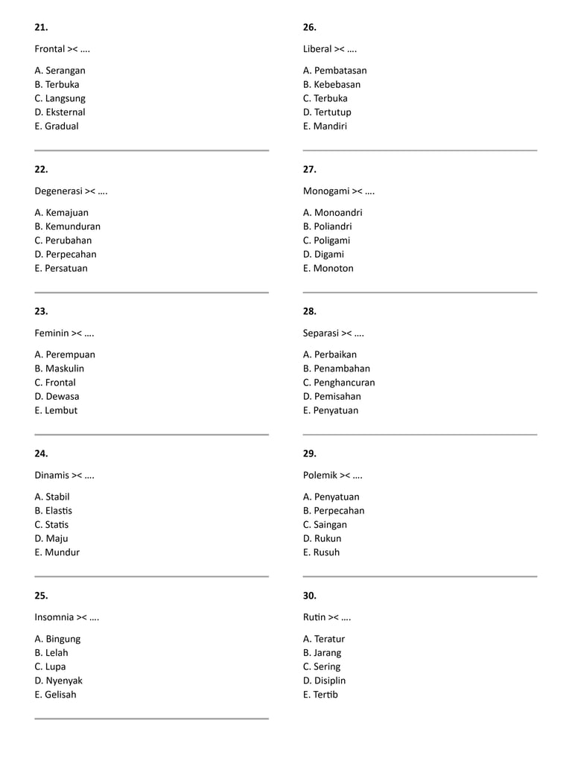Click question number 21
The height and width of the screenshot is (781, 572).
click(x=41, y=28)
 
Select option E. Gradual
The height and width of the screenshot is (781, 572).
click(x=57, y=127)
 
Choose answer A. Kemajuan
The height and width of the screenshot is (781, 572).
click(x=61, y=213)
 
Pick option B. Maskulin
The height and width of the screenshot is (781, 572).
click(x=60, y=369)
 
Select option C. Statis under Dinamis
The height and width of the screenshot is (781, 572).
click(x=51, y=525)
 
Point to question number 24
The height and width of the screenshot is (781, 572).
click(x=41, y=453)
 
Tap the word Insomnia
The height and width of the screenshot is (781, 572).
click(x=54, y=617)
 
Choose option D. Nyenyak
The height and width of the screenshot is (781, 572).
click(x=59, y=680)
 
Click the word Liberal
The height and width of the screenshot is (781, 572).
click(x=317, y=49)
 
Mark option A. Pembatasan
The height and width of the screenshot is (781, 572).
click(x=335, y=71)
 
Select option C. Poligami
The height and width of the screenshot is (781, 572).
click(x=326, y=240)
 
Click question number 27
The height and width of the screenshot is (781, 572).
click(x=310, y=170)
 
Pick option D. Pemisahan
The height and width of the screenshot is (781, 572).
click(x=332, y=397)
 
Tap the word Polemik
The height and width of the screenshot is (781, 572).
click(x=320, y=475)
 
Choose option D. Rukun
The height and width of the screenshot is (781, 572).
click(x=322, y=539)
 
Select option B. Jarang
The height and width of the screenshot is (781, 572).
click(x=322, y=653)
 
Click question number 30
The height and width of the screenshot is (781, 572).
click(x=310, y=596)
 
